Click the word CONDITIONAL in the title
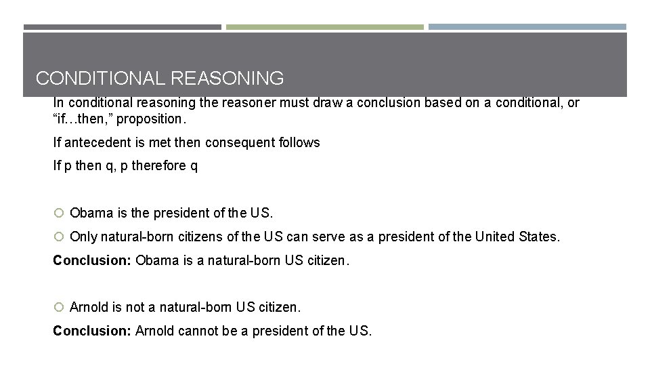point(101,79)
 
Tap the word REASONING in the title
point(227,79)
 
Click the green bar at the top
point(324,27)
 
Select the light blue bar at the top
point(527,27)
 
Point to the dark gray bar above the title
point(123,27)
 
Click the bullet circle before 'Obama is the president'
point(59,213)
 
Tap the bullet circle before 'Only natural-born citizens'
point(59,237)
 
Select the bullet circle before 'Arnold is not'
point(59,307)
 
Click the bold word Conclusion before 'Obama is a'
point(92,260)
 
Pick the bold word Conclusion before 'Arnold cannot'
point(92,331)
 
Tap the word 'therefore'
point(158,165)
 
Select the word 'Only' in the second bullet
point(83,237)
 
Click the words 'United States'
point(517,237)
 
